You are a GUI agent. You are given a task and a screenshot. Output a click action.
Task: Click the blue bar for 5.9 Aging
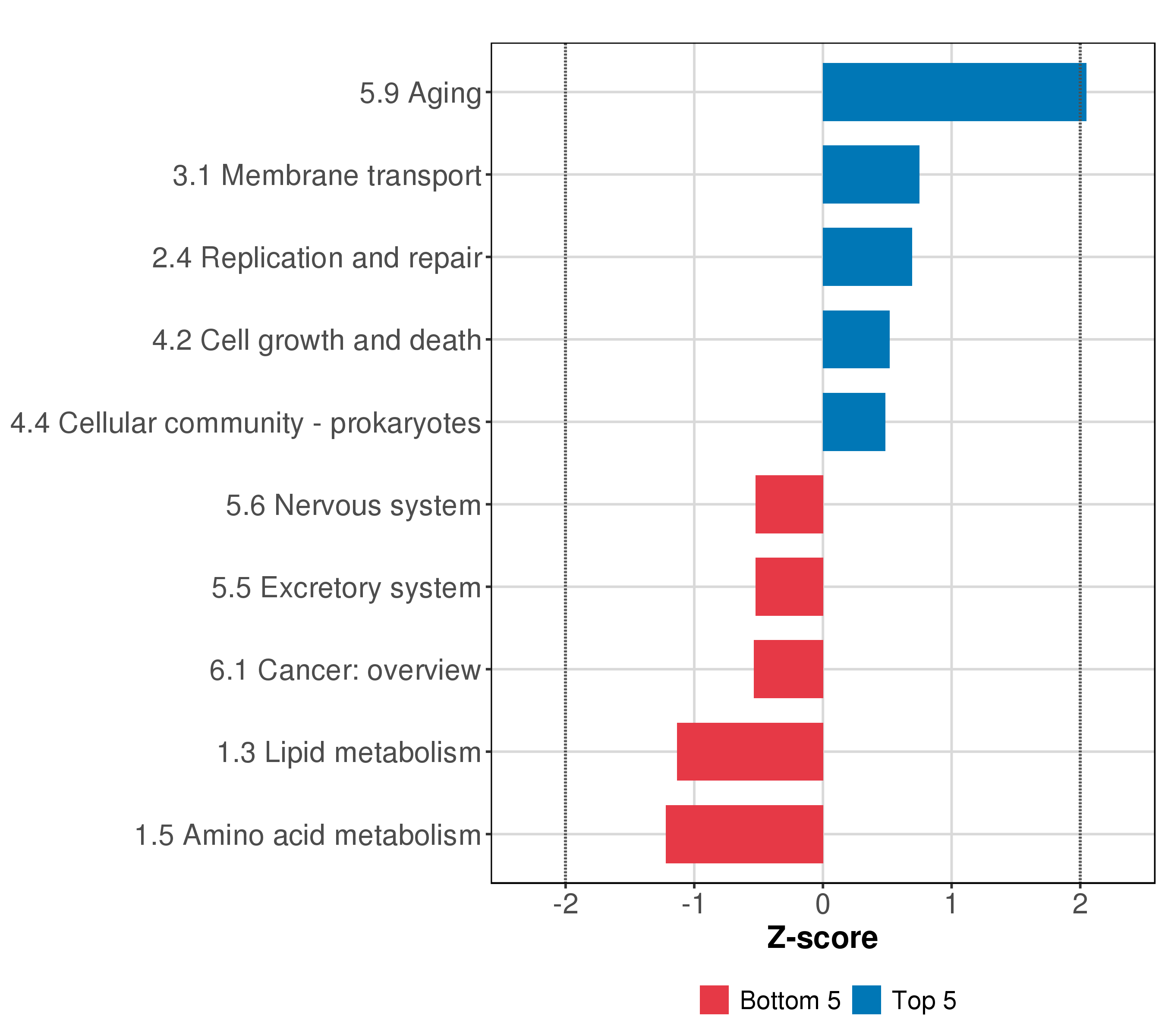tap(954, 92)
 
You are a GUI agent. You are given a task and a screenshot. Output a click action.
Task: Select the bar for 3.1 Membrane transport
tap(870, 174)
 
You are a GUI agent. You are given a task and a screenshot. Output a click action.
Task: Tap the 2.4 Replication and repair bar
tap(866, 257)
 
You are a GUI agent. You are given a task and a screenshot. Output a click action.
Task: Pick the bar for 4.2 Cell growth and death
tap(856, 339)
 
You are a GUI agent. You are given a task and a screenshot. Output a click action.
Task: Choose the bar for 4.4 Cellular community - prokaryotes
tap(853, 422)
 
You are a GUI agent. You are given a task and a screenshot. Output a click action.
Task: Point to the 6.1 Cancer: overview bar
tap(788, 669)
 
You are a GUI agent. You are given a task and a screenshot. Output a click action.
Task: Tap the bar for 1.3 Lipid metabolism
tap(749, 752)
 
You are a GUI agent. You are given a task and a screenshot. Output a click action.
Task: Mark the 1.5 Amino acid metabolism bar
tap(744, 834)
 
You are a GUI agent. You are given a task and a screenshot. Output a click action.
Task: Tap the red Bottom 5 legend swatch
tap(714, 1000)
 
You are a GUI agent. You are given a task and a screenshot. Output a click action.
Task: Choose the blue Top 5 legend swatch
tap(866, 1000)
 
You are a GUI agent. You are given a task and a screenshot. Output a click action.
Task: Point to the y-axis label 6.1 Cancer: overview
tap(345, 670)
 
